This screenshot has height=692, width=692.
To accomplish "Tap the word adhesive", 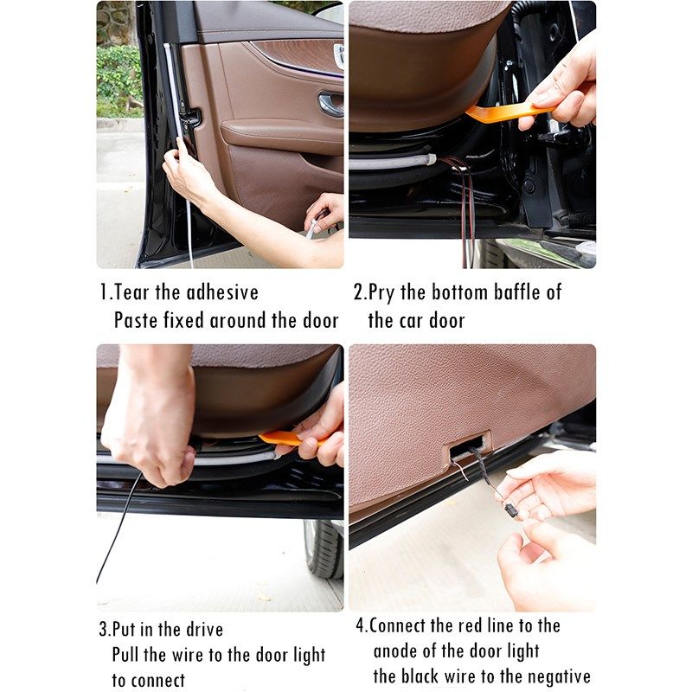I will [x=222, y=292].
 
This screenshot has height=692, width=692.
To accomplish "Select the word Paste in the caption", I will [x=136, y=320].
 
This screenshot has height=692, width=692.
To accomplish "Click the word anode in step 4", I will [x=400, y=650].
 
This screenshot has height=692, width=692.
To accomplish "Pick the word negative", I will [x=551, y=676].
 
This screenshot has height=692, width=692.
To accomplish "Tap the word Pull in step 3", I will [x=128, y=655].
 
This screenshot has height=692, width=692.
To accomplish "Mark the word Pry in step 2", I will [x=381, y=292].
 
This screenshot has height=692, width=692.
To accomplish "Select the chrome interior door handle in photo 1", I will [x=330, y=104].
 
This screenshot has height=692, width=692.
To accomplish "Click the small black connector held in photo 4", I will [x=510, y=509].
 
